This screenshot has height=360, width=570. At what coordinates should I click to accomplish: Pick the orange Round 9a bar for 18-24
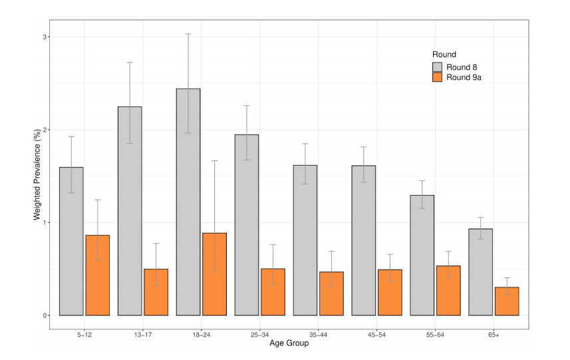point(215,274)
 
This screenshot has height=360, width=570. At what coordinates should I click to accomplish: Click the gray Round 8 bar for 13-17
point(130,211)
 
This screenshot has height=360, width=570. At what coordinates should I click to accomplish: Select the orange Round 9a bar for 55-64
point(448,290)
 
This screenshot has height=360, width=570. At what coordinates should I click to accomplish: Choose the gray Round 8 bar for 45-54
point(364,240)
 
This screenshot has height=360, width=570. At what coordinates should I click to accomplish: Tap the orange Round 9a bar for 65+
point(507,301)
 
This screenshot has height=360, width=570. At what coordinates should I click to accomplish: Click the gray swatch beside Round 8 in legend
point(438,67)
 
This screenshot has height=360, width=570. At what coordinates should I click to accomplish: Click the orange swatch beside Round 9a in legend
point(438,78)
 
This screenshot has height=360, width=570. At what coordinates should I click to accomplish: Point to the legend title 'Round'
point(443,54)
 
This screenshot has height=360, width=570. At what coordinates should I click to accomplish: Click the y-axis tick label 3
point(45,37)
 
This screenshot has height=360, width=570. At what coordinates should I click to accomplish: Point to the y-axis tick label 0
point(45,315)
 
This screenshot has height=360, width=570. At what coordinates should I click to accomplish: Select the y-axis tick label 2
point(45,130)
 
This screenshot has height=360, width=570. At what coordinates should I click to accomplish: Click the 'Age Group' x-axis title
point(289,343)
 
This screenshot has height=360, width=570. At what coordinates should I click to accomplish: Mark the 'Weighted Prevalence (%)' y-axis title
point(38,176)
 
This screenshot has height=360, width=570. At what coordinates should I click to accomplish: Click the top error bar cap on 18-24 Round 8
point(188,34)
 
